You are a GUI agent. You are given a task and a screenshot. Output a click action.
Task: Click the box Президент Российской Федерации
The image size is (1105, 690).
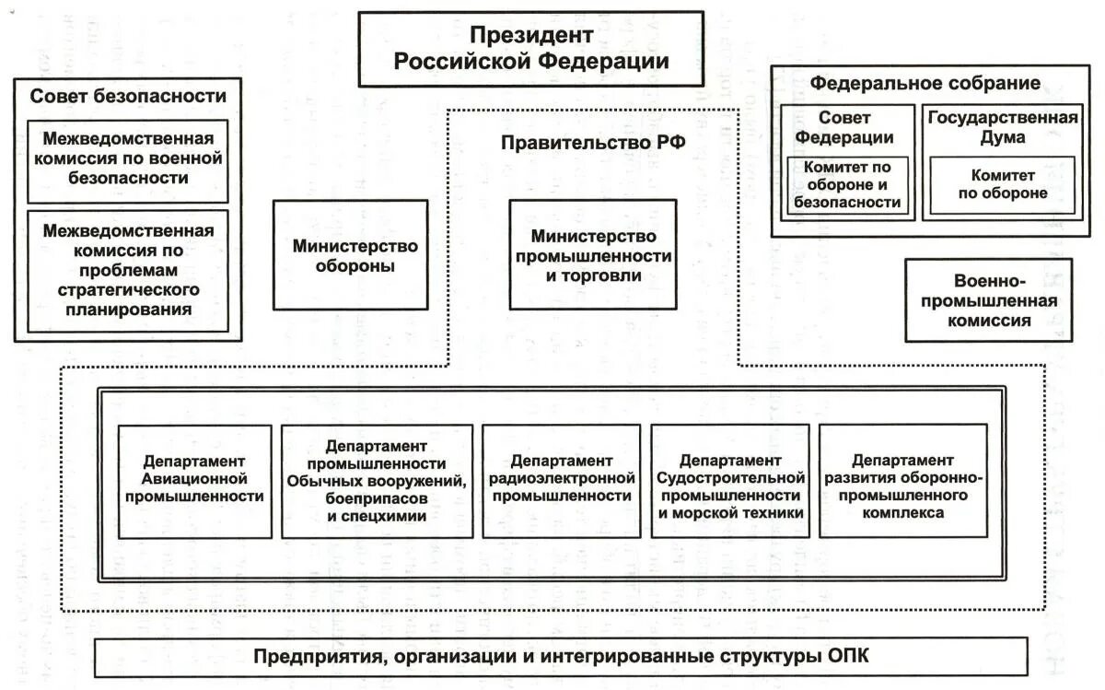[x=531, y=49]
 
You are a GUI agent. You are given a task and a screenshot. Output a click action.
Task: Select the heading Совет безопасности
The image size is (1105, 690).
[x=128, y=96]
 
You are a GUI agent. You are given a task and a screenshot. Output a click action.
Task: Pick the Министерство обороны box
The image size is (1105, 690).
[x=351, y=256]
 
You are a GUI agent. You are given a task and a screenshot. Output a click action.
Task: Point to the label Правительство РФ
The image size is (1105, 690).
[x=592, y=143]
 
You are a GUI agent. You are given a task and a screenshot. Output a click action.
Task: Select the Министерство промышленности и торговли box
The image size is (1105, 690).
[x=593, y=254]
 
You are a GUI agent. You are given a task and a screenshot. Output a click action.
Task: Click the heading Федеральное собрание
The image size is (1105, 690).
[x=925, y=83]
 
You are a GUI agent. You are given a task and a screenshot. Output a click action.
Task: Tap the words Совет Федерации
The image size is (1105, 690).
[x=844, y=127]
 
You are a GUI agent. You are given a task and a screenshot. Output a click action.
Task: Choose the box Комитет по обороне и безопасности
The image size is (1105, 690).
[x=847, y=185]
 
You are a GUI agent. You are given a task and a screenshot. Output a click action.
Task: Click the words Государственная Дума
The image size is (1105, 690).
[x=1003, y=127]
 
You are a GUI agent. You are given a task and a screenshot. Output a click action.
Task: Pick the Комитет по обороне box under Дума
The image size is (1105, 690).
[x=1003, y=184]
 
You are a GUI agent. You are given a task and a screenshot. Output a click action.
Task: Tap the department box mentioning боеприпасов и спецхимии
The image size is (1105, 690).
[x=377, y=482]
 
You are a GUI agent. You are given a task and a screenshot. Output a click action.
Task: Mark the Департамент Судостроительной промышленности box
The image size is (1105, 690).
[x=730, y=480]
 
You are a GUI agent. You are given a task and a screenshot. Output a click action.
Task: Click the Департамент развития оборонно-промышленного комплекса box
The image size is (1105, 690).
[x=903, y=480]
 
